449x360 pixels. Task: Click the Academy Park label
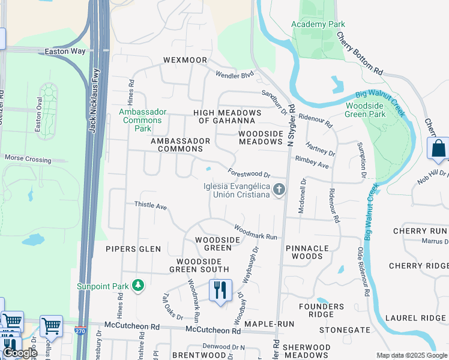pos(318,24)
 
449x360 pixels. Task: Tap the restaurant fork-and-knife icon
pos(220,290)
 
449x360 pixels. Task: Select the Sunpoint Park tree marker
pos(139,285)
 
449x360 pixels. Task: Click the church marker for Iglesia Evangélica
pos(279,191)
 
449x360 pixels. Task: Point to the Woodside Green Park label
pos(365,110)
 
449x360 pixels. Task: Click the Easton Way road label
pos(65,52)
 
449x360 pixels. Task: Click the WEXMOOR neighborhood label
pos(185,61)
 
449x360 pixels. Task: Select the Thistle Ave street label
pos(150,206)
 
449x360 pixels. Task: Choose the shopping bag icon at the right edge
pos(439,148)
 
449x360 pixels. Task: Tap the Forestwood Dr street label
pos(250,173)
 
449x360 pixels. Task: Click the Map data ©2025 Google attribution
pos(412,355)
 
